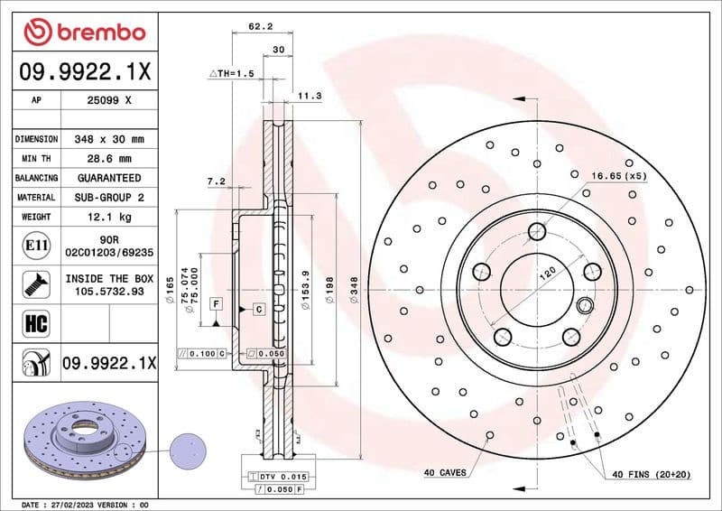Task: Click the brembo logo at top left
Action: tap(85, 32)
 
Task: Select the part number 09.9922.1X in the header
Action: tap(85, 70)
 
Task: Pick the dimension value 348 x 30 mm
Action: tap(109, 140)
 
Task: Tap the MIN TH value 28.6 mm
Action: tap(109, 159)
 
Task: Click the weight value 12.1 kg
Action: tap(109, 217)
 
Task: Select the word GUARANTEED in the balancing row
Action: tap(109, 178)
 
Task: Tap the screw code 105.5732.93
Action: tap(109, 292)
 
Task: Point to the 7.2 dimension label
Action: tap(217, 181)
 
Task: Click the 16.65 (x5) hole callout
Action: tap(619, 175)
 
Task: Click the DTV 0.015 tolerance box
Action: tap(283, 476)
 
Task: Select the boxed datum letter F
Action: tap(217, 304)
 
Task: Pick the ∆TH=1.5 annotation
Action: tap(232, 71)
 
